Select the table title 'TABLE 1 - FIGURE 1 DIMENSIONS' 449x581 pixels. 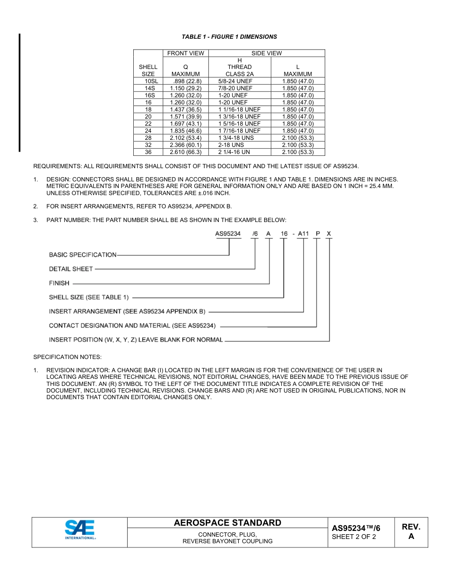[229, 37]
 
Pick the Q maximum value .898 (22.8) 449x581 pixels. [186, 81]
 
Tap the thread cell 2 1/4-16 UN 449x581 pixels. [234, 152]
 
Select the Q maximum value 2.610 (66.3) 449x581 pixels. [186, 152]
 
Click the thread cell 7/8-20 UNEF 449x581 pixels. [235, 88]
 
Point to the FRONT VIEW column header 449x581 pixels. [186, 53]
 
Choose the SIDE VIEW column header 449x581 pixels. [267, 53]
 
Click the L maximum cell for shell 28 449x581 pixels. [298, 138]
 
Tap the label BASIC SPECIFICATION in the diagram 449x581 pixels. [83, 255]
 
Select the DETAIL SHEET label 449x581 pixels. [71, 269]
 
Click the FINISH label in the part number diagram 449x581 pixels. [59, 283]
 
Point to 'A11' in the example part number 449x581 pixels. [303, 234]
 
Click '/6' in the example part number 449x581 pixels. [255, 234]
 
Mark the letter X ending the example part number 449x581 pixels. [329, 234]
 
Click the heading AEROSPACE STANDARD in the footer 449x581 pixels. [227, 523]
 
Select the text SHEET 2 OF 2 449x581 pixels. [354, 537]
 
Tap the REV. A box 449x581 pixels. [411, 531]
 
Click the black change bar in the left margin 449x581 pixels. [19, 92]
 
